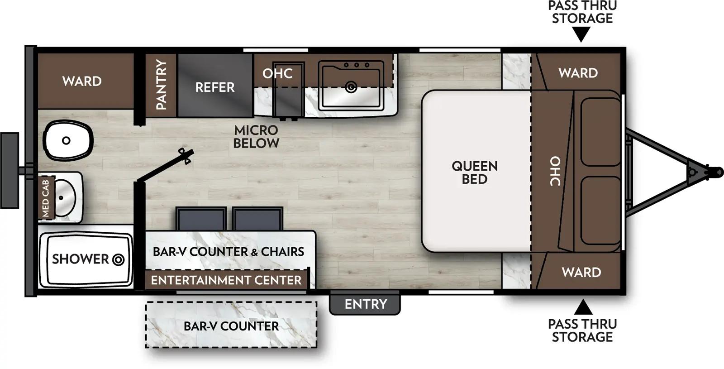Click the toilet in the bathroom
coord(68,140)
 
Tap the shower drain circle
coord(119,260)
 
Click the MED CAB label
coord(46,198)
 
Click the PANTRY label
coord(161,85)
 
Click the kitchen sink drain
coord(351,87)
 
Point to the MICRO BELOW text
coord(256,137)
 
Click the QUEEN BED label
coord(474,173)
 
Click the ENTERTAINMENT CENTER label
coord(226,280)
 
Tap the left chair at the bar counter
coord(201,219)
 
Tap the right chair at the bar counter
coord(258,219)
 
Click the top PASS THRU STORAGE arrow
coord(581,34)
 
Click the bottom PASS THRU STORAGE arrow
coord(583,307)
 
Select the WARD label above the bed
coord(578,73)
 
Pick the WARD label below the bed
coord(581,272)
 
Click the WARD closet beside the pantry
coord(82,81)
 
